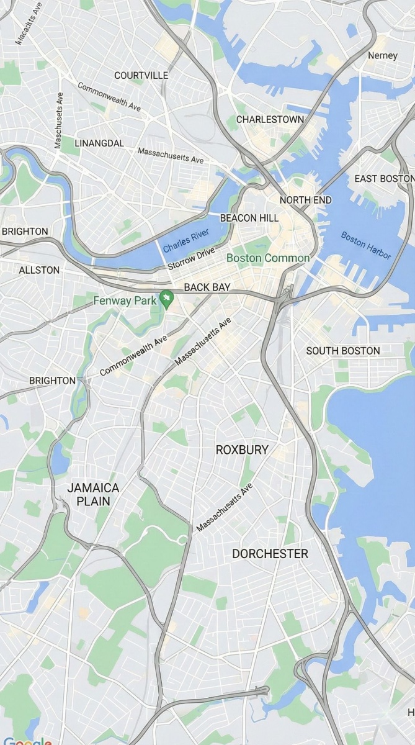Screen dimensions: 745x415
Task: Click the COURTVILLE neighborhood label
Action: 141,75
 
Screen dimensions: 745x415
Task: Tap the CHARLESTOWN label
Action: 270,119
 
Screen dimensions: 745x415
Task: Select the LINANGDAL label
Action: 99,143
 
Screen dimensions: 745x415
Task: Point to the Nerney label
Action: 382,55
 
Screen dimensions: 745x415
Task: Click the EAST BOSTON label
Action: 384,179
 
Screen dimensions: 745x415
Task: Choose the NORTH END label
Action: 305,200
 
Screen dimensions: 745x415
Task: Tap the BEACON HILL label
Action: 249,219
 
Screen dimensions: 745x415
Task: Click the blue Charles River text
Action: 186,240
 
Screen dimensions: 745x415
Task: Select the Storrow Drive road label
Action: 191,259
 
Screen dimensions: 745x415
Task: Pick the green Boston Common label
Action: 268,258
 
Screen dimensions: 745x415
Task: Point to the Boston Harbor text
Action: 366,246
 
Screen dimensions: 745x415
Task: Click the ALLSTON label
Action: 39,270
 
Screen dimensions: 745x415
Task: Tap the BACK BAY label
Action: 207,287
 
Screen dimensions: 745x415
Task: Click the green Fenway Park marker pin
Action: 166,299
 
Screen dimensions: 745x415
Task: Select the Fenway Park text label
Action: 125,300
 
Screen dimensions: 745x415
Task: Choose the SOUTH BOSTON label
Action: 343,351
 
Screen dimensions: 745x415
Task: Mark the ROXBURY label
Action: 242,449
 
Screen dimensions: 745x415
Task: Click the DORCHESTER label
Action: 270,554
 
